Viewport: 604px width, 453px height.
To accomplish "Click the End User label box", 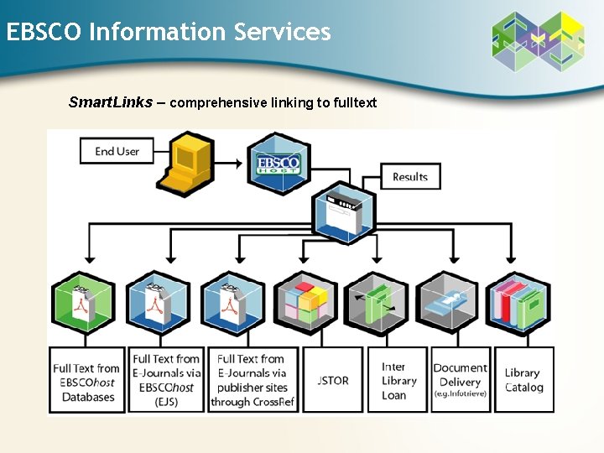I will click(x=117, y=151).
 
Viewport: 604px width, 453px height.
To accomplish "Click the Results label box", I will click(x=410, y=177).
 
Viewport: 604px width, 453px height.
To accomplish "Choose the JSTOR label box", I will click(x=333, y=380).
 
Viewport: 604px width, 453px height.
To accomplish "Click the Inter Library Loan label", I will click(x=398, y=380).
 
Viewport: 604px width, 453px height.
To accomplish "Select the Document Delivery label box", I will click(x=460, y=380).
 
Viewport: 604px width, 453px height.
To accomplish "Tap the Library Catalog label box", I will click(x=524, y=380).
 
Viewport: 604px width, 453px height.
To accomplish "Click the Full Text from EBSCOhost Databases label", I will click(x=86, y=380).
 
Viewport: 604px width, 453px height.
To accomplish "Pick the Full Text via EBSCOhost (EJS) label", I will click(x=166, y=380).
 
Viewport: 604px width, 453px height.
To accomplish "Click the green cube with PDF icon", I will click(x=84, y=303).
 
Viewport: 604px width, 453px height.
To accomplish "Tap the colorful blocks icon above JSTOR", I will click(x=305, y=303).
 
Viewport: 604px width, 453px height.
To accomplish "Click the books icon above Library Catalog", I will click(x=520, y=303).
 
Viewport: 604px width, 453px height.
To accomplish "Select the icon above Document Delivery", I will click(x=448, y=303).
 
